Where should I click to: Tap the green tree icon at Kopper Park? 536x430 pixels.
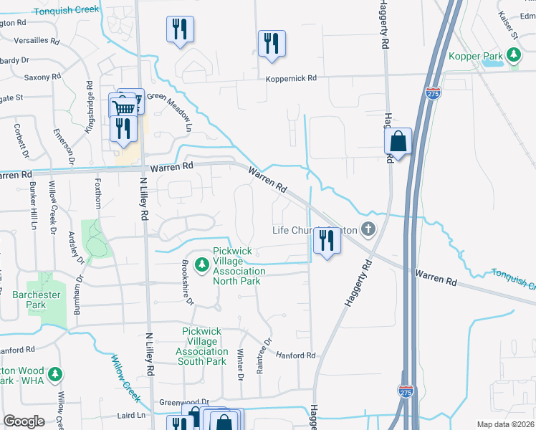[513, 54]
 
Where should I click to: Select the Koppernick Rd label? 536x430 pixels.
[291, 79]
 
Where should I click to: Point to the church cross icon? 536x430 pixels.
[368, 230]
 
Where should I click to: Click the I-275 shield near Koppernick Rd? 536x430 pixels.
[433, 93]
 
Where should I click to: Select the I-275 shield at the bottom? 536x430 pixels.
[406, 391]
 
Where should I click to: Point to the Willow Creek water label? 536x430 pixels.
[125, 381]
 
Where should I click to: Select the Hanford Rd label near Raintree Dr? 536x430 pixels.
[295, 355]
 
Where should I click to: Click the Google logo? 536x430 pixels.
[24, 421]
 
